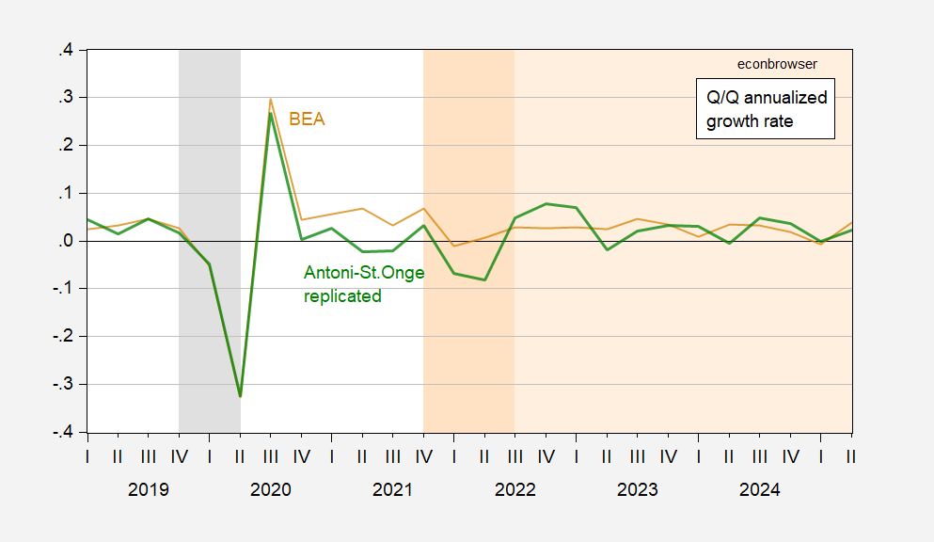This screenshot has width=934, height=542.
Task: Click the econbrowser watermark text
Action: [x=776, y=64]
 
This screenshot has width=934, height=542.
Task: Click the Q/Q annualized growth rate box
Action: [x=766, y=109]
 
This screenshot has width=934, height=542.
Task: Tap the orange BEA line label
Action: [x=307, y=120]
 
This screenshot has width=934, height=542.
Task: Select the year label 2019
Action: [x=148, y=490]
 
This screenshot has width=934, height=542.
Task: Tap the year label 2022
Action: [x=514, y=490]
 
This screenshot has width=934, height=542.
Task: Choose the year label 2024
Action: [x=759, y=490]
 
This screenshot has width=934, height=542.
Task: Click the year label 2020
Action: [x=270, y=490]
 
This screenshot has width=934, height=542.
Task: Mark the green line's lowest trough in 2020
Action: [x=240, y=396]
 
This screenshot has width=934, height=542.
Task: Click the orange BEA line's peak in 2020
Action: [x=271, y=99]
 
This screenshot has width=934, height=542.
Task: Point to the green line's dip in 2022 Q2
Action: [x=484, y=279]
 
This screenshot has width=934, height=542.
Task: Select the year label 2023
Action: [x=637, y=490]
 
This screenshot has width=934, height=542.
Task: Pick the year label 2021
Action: [x=392, y=490]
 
